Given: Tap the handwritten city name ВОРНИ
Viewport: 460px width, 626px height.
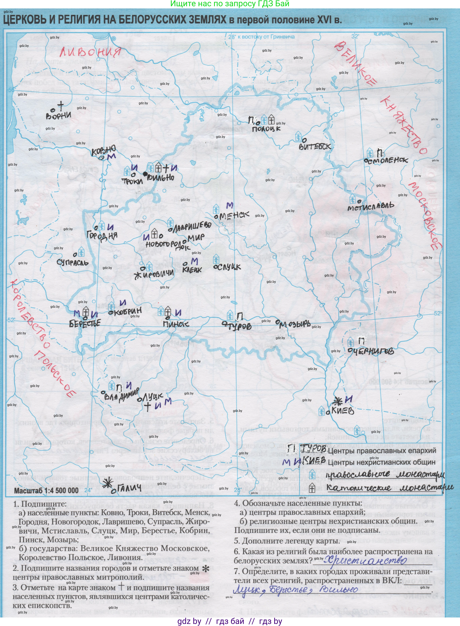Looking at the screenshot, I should pyautogui.click(x=59, y=115).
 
